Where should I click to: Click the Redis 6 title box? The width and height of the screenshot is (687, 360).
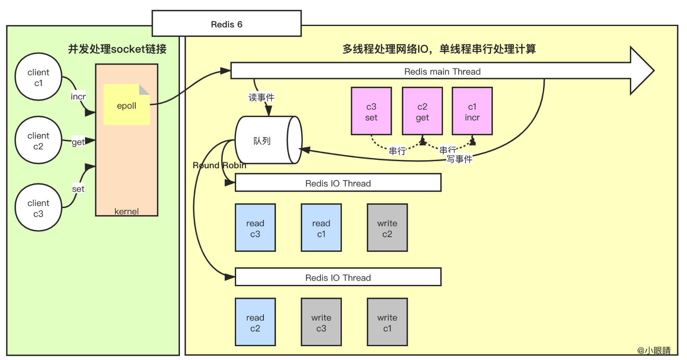[226, 24]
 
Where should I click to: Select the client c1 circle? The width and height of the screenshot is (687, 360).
[38, 77]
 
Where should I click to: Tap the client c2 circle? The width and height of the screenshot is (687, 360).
[38, 140]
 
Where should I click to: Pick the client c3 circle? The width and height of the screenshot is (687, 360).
[38, 208]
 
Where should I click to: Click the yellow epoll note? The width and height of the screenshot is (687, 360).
[126, 105]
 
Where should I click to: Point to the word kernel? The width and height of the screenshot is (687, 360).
[126, 211]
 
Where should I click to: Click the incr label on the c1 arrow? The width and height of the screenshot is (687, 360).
[78, 97]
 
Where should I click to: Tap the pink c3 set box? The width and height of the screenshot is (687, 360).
[371, 111]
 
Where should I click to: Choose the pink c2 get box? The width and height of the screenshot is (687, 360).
[422, 111]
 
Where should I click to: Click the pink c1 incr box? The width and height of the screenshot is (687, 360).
[472, 111]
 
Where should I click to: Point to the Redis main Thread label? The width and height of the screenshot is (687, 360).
[442, 71]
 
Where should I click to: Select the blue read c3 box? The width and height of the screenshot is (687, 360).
[255, 228]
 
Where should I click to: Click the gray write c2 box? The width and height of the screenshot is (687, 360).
[387, 228]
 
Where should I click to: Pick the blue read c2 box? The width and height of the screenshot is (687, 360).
[255, 322]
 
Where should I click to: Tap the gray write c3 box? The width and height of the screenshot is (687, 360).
[321, 322]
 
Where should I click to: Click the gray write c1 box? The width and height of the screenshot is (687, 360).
[387, 322]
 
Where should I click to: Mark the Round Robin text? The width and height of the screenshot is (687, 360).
[219, 165]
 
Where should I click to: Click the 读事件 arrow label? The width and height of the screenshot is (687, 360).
[261, 97]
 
